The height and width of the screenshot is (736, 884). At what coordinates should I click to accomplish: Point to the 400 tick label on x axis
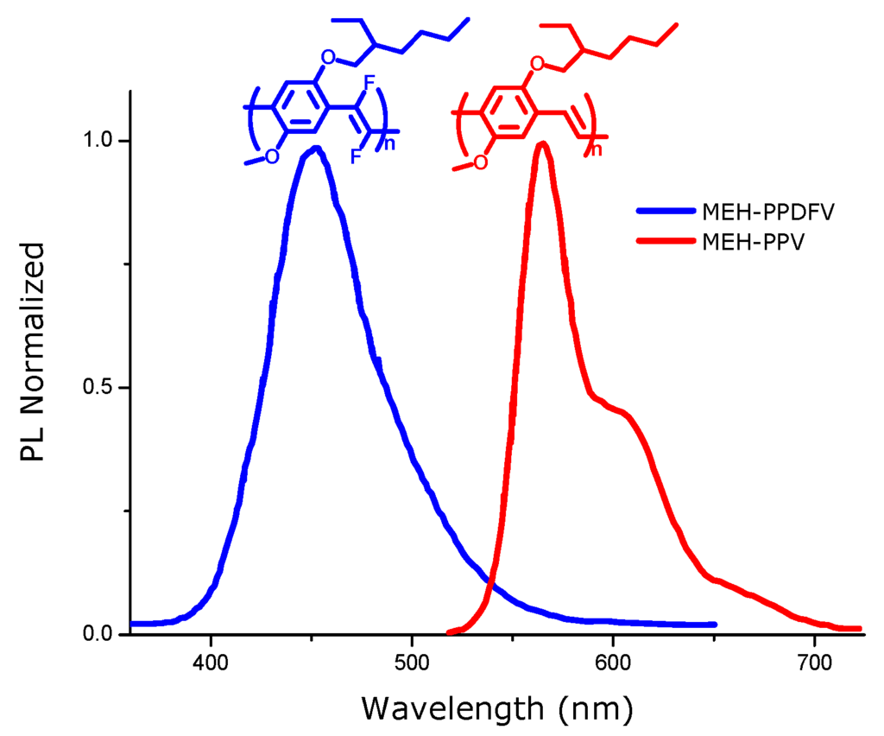211,664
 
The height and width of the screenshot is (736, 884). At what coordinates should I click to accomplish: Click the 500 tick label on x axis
412,664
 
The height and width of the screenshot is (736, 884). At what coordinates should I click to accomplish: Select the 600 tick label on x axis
612,664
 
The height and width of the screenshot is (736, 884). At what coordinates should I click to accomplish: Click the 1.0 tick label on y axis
101,141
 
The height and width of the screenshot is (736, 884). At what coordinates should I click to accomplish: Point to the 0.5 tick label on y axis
101,388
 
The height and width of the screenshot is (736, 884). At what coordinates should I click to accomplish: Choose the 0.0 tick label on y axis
101,635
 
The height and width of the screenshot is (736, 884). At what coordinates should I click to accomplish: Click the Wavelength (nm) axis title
497,708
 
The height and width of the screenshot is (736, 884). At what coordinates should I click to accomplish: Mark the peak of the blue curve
316,149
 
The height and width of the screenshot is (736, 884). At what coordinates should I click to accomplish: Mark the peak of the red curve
542,143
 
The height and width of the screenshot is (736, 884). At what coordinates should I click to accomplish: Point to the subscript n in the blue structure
389,143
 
